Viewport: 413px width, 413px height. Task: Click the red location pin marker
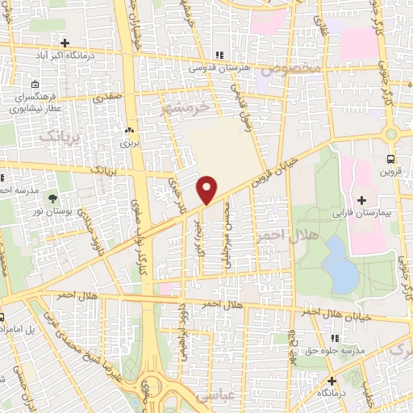pos(208,189)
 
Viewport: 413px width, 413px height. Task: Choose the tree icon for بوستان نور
pos(53,196)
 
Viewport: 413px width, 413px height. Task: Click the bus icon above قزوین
pos(391,159)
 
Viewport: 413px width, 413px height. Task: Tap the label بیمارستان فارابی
pos(361,215)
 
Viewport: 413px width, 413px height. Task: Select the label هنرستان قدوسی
pos(218,69)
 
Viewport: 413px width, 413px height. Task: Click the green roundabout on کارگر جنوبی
pos(393,134)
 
